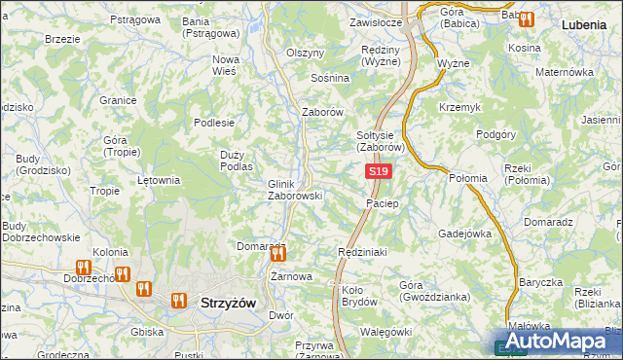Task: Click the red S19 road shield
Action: pos(379,172)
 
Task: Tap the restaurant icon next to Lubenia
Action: pos(527,18)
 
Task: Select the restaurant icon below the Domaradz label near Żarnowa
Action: pos(278,255)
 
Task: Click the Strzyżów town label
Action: pos(227,303)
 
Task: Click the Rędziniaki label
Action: pos(362,251)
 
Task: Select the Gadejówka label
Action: pos(465,234)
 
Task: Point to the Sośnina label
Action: pos(329,77)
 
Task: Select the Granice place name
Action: pos(117,99)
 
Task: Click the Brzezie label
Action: pos(62,39)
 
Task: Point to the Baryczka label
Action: pos(541,282)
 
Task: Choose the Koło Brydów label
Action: pos(359,296)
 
